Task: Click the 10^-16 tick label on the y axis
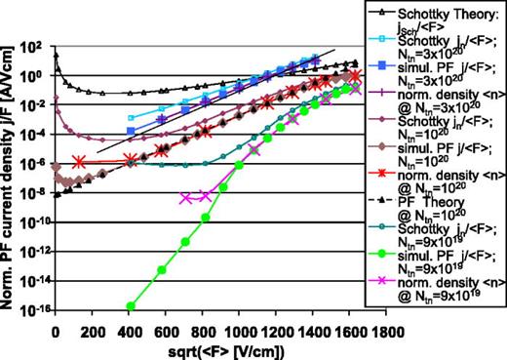point(33,308)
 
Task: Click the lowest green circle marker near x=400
point(130,305)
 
